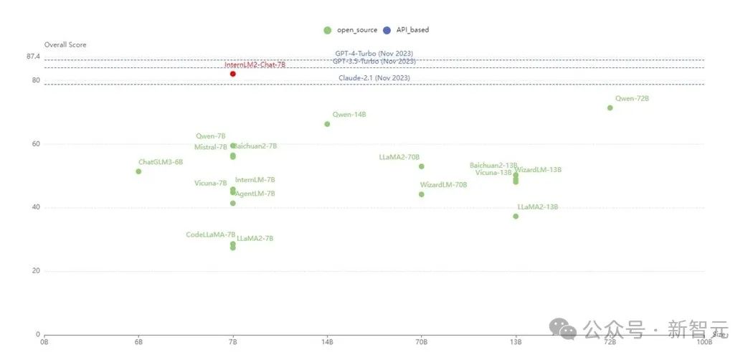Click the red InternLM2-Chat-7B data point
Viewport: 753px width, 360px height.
[233, 74]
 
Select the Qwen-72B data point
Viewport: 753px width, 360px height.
[610, 108]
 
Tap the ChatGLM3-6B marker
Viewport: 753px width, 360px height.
[138, 171]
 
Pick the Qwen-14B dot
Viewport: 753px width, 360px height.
[328, 124]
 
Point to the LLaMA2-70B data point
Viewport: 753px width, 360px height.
[422, 166]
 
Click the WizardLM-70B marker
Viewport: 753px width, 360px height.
[422, 194]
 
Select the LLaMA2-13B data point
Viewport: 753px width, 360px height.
[516, 217]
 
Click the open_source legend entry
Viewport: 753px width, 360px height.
[350, 30]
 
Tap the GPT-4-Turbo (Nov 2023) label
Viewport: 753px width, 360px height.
[374, 54]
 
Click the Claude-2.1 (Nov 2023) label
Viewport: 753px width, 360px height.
[374, 77]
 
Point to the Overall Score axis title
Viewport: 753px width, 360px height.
[65, 44]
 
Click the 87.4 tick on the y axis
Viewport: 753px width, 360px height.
[34, 56]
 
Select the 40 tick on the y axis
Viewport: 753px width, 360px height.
[35, 208]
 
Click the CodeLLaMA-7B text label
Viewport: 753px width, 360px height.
[210, 235]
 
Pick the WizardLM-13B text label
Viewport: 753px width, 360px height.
[538, 170]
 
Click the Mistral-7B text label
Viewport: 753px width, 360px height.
[210, 148]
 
